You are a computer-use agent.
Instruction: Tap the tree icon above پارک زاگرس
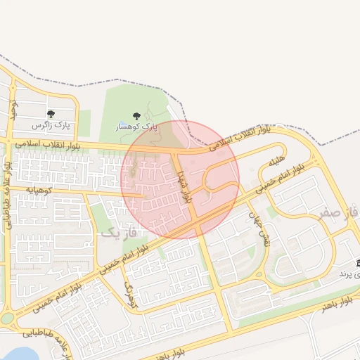click(51, 114)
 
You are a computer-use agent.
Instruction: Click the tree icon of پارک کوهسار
click(136, 116)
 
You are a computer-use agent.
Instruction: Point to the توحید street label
click(12, 108)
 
